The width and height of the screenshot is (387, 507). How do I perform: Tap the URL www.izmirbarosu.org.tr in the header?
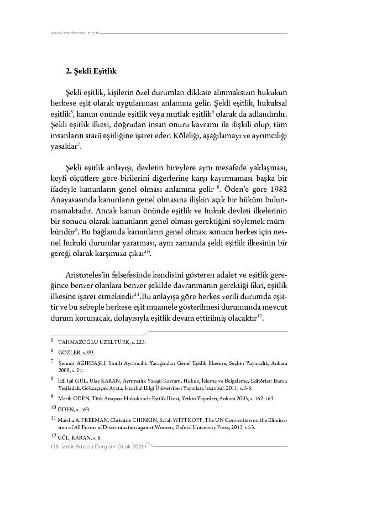[74, 33]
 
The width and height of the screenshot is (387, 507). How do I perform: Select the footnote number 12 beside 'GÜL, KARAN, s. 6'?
[53, 436]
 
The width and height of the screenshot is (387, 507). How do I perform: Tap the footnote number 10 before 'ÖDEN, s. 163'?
[53, 409]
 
